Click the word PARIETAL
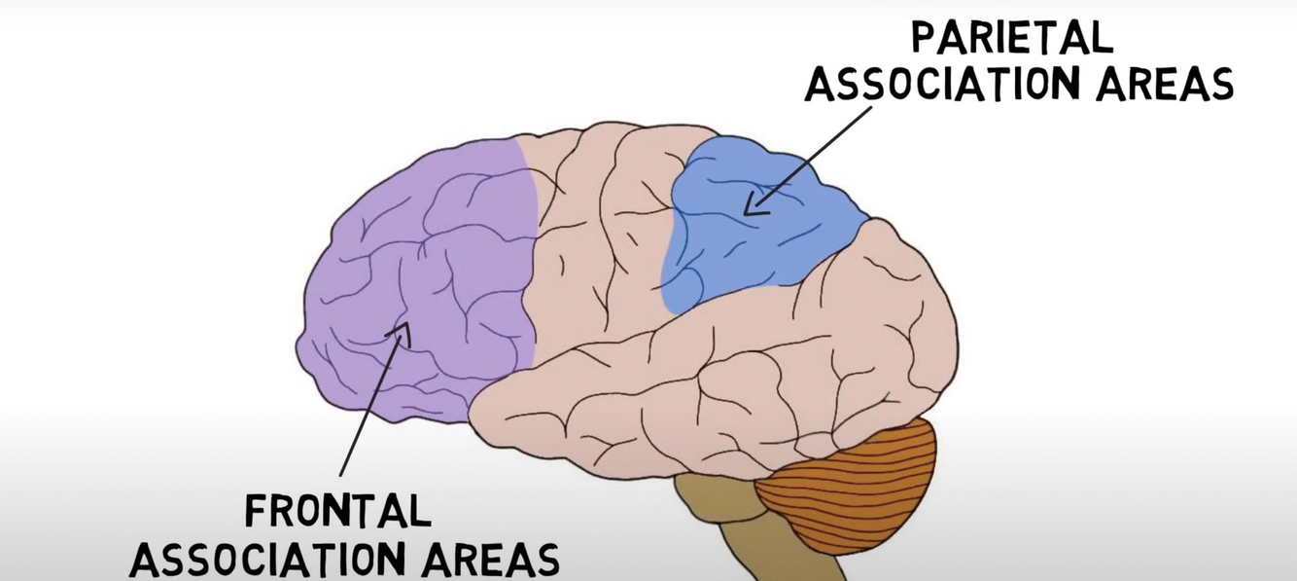[1012, 38]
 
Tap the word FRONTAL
[336, 511]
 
